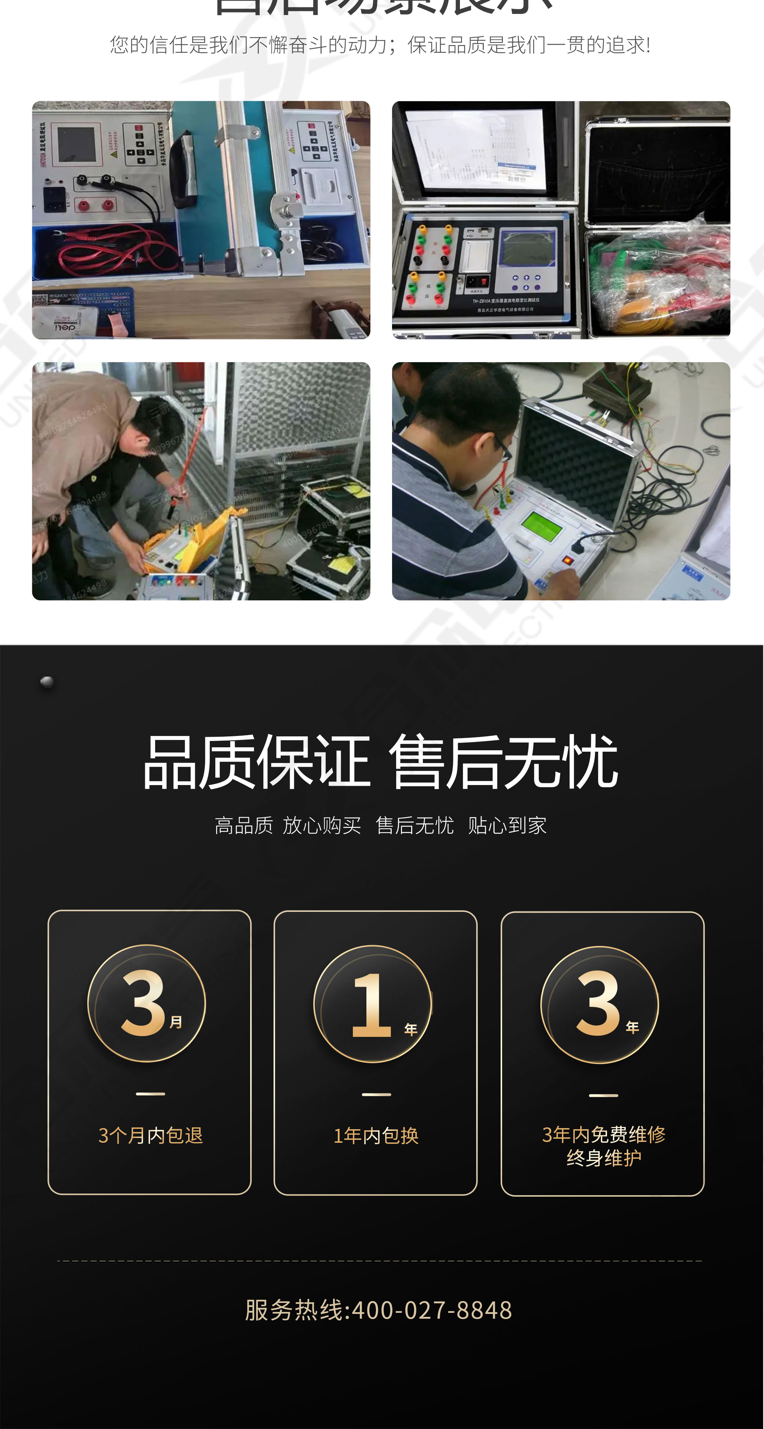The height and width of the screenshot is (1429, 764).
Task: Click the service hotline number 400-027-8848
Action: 432,1310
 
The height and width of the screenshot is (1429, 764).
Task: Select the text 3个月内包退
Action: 150,1135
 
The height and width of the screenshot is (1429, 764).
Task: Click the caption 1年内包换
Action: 376,1135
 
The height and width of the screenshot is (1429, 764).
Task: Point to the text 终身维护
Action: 604,1158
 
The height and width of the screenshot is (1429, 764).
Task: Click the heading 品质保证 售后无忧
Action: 381,762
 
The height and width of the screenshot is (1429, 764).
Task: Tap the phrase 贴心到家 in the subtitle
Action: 507,825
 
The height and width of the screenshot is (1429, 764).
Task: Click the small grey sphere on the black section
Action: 47,682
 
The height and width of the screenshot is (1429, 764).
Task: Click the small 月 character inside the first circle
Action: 176,1022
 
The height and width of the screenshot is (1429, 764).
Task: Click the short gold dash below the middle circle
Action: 376,1094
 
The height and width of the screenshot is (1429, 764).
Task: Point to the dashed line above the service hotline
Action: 380,1261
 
